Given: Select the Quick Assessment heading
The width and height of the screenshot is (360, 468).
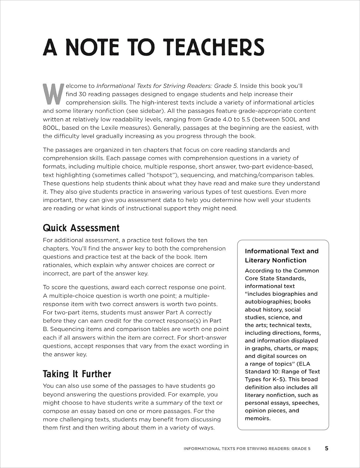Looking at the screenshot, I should pyautogui.click(x=81, y=228).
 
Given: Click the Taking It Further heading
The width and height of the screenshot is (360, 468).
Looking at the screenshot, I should pyautogui.click(x=77, y=374).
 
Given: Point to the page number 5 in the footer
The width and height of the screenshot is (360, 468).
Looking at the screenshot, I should pyautogui.click(x=327, y=448).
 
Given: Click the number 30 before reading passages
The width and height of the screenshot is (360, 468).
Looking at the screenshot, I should pyautogui.click(x=84, y=94).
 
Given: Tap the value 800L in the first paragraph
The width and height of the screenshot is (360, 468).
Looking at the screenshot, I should pyautogui.click(x=50, y=127).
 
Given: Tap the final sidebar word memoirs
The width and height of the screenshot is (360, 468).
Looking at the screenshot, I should pyautogui.click(x=257, y=418).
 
